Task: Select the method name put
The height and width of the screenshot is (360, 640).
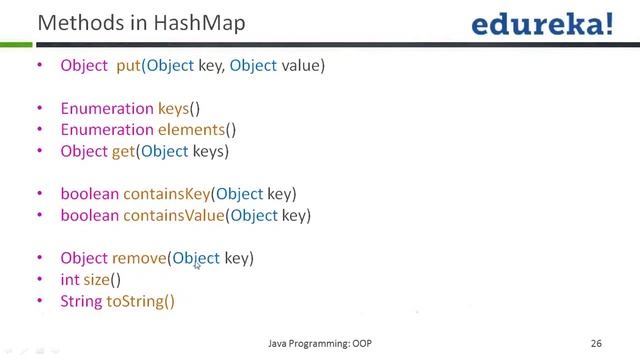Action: point(128,65)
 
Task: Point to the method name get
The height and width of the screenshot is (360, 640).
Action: point(123,151)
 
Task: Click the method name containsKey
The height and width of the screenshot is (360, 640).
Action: point(166,194)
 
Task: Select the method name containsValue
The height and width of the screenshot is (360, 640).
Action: point(173,215)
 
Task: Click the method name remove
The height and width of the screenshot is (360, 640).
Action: point(139,258)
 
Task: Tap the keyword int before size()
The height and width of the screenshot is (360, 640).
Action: point(69,280)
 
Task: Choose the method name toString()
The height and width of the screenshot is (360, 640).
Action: point(140,301)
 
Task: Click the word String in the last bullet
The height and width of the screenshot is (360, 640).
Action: point(81,301)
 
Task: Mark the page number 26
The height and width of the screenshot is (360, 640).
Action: point(596,343)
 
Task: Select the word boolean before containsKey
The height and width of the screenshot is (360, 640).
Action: point(89,194)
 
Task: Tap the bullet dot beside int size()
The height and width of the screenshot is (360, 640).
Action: point(40,280)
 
